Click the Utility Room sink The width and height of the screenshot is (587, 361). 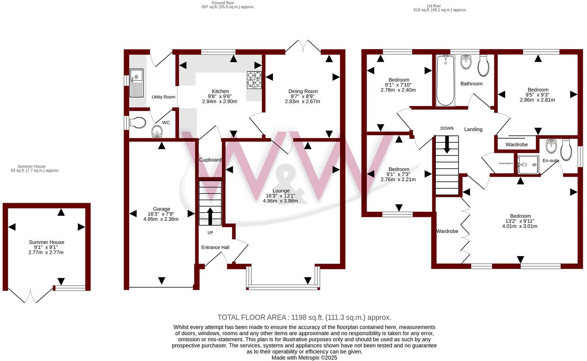click(x=136, y=83)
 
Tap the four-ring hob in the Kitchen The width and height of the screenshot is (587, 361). click(x=254, y=80)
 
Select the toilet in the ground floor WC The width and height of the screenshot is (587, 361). click(x=138, y=123)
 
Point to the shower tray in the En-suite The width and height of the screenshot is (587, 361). click(x=528, y=165)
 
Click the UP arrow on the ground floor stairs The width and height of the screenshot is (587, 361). click(x=210, y=216)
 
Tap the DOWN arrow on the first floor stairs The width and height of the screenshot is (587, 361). click(x=447, y=144)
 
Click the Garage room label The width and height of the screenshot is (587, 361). click(x=162, y=209)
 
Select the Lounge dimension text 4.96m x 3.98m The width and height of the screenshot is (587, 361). click(x=280, y=201)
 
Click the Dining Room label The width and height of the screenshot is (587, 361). click(x=303, y=91)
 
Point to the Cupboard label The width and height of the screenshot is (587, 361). click(x=210, y=160)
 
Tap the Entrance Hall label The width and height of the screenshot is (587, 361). click(x=215, y=247)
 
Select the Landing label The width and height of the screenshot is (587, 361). click(x=473, y=129)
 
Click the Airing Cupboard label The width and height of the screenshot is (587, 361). click(x=506, y=163)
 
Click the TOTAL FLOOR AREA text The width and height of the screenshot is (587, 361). click(x=304, y=317)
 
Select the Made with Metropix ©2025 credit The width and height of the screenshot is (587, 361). click(x=304, y=357)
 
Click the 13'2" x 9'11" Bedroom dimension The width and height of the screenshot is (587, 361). click(x=520, y=221)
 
